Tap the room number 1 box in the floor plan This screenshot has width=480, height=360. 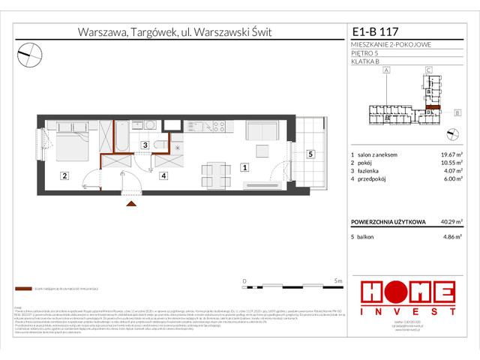pos(244,169)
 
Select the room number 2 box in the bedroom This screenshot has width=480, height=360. pos(65,176)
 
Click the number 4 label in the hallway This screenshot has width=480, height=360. pos(163,176)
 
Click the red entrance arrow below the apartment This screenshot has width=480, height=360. pos(131,202)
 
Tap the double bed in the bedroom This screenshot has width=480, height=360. pos(69,142)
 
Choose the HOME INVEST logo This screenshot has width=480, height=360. pos(407,296)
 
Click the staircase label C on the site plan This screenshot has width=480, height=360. pos(427,70)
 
